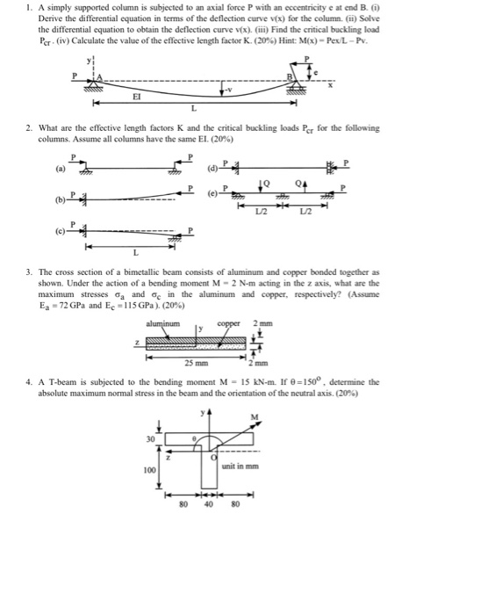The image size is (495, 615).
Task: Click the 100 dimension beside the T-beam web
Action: (149, 469)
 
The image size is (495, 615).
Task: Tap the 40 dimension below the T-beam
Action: (209, 505)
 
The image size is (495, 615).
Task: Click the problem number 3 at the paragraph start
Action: (28, 273)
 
